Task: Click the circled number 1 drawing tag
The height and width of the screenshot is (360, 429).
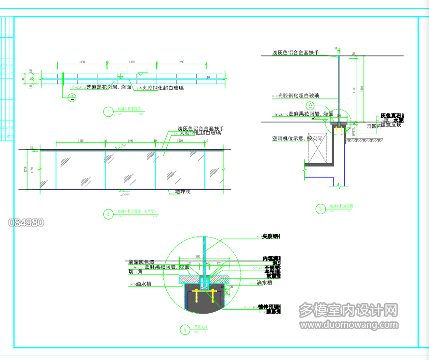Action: click(x=107, y=112)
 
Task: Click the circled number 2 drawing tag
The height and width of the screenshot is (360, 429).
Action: click(x=107, y=214)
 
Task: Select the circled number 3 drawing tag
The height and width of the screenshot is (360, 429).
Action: click(x=320, y=209)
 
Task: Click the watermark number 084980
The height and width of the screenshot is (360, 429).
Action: click(x=27, y=222)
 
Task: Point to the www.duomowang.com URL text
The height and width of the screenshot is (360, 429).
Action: click(x=349, y=324)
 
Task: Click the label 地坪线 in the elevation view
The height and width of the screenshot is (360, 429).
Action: click(x=183, y=192)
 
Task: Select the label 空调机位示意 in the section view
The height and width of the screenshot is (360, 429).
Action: click(x=288, y=138)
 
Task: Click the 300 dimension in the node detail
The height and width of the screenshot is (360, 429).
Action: click(x=197, y=256)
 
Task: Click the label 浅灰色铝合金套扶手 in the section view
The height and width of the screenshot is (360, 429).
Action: click(x=295, y=52)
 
